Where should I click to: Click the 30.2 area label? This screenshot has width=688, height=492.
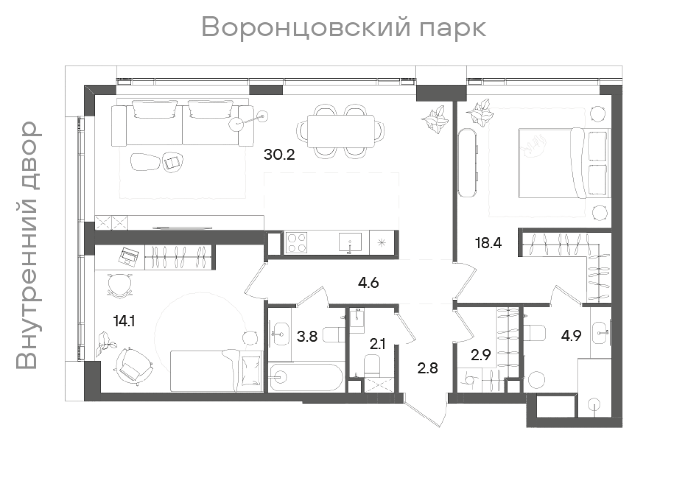coord(279,154)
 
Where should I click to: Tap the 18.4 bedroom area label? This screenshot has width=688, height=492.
coord(488,243)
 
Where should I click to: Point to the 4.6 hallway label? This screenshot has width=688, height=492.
coord(368,283)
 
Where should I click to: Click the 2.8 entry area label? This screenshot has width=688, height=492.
coord(428,368)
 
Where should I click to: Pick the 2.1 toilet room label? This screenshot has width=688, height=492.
coord(378,344)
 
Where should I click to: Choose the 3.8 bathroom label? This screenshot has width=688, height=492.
coord(307,336)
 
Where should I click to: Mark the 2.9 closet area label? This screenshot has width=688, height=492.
coord(480,355)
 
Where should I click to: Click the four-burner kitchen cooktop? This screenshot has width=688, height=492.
coord(296,243)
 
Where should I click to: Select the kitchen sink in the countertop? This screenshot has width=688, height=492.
coord(350,243)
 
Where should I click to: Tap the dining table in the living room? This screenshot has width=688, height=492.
coord(340,132)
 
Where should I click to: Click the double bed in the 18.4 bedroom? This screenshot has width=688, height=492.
coord(563,163)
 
